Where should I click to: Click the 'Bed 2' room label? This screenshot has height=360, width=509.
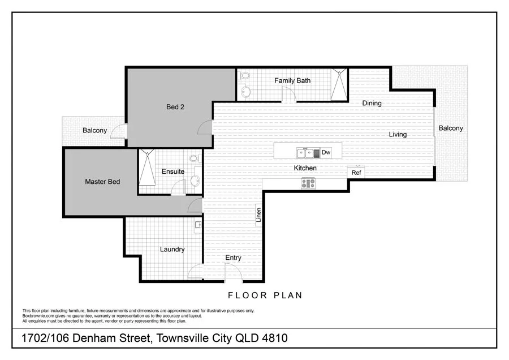[175, 107]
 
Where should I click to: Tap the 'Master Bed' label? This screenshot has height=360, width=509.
[102, 182]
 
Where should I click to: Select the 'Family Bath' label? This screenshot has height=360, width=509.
[292, 80]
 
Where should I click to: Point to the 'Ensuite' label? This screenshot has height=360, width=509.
[172, 172]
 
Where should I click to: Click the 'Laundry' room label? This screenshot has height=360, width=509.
[172, 249]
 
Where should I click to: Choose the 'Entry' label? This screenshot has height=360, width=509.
[233, 258]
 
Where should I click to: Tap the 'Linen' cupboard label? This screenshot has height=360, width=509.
[258, 216]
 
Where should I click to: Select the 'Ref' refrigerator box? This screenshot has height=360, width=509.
[356, 173]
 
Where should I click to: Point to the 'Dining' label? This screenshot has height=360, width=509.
[372, 103]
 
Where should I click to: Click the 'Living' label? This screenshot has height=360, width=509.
[398, 134]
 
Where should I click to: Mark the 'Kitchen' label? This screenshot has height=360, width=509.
[305, 168]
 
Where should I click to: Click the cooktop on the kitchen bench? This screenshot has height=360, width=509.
[308, 183]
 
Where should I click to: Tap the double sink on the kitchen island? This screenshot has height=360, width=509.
[306, 152]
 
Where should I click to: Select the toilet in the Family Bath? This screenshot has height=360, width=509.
[245, 91]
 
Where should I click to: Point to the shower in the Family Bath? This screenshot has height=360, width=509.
[340, 84]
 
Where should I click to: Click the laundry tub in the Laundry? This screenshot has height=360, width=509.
[199, 225]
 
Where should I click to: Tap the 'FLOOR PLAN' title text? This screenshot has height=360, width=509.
[265, 295]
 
